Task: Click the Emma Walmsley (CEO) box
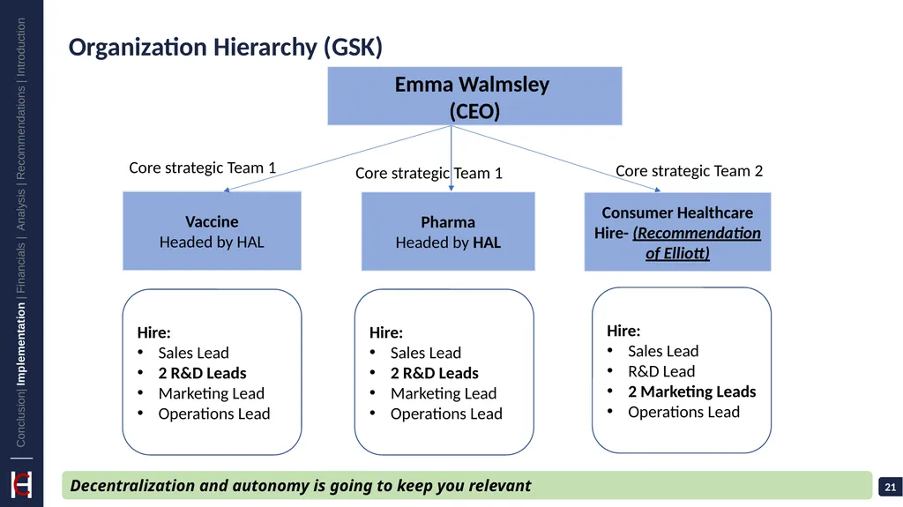pyautogui.click(x=474, y=96)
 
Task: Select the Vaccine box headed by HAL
pyautogui.click(x=212, y=231)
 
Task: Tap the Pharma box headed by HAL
pyautogui.click(x=448, y=232)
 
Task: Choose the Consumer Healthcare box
pyautogui.click(x=677, y=232)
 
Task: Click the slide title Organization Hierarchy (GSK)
pyautogui.click(x=225, y=48)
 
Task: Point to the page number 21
pyautogui.click(x=891, y=488)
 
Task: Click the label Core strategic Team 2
pyautogui.click(x=689, y=171)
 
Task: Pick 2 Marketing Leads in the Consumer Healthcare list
pyautogui.click(x=691, y=391)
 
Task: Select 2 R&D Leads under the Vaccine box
pyautogui.click(x=202, y=373)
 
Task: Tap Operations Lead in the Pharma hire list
pyautogui.click(x=446, y=414)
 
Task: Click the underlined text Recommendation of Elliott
pyautogui.click(x=697, y=243)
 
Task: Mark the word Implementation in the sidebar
pyautogui.click(x=21, y=344)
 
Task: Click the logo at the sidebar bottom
pyautogui.click(x=21, y=485)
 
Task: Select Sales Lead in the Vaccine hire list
pyautogui.click(x=193, y=353)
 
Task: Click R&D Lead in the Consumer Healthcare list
pyautogui.click(x=661, y=371)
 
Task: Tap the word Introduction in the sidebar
pyautogui.click(x=21, y=48)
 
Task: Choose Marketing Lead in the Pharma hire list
pyautogui.click(x=444, y=393)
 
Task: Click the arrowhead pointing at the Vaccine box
pyautogui.click(x=227, y=190)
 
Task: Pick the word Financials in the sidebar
pyautogui.click(x=21, y=267)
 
